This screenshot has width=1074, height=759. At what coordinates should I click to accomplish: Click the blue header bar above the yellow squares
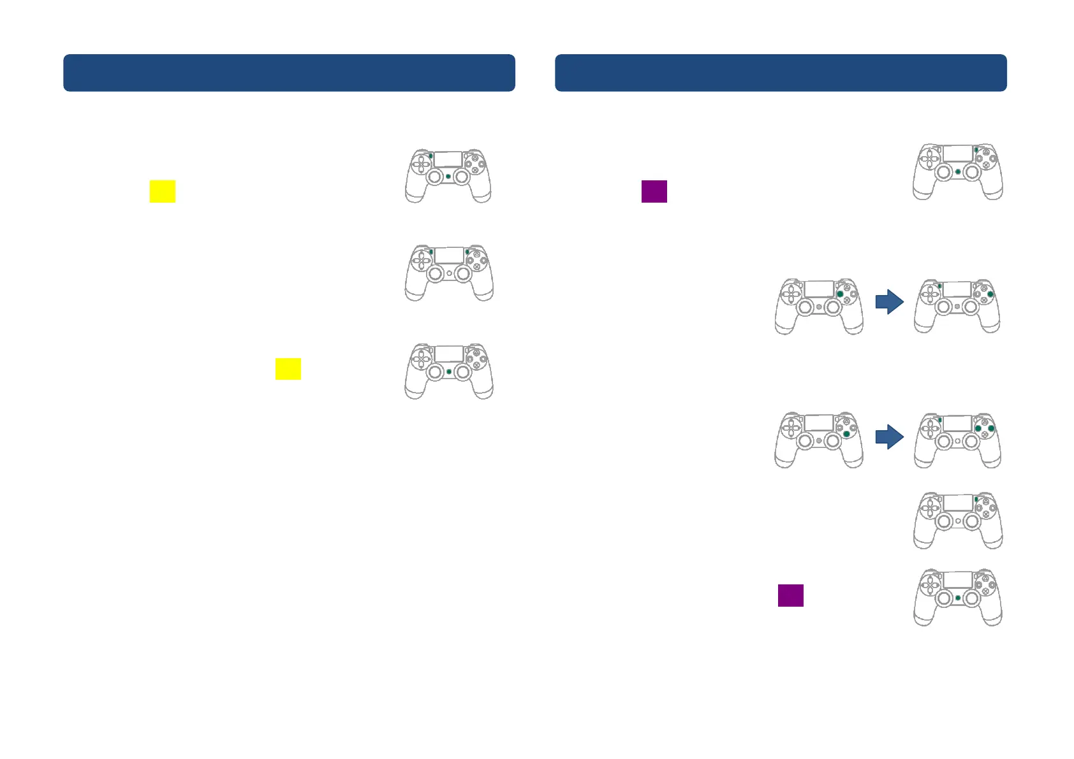[x=289, y=73]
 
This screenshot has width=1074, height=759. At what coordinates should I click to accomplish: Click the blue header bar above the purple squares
[x=781, y=73]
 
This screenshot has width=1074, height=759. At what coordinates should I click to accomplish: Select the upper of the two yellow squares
[x=163, y=191]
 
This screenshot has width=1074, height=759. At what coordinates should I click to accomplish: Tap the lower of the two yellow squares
[x=288, y=369]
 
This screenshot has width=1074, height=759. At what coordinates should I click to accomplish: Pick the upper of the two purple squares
[x=654, y=191]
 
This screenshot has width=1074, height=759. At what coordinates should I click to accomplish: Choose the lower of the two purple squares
[x=791, y=595]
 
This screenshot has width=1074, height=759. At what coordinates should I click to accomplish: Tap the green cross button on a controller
[x=846, y=434]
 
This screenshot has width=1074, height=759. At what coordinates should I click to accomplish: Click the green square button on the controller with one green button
[x=840, y=294]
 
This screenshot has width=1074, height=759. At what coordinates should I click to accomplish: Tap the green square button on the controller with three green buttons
[x=978, y=429]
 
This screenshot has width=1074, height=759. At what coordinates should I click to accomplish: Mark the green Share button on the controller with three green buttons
[x=940, y=420]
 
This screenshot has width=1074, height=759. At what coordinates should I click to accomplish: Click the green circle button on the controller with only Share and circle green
[x=990, y=294]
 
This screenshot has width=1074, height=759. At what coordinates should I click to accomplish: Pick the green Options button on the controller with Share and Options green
[x=467, y=252]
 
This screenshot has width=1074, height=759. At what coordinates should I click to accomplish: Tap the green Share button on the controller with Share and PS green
[x=431, y=155]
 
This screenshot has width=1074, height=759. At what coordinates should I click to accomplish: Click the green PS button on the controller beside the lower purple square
[x=958, y=598]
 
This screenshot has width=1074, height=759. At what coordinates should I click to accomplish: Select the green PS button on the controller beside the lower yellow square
[x=449, y=372]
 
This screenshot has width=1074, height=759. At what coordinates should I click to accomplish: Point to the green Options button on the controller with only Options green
[x=976, y=500]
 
